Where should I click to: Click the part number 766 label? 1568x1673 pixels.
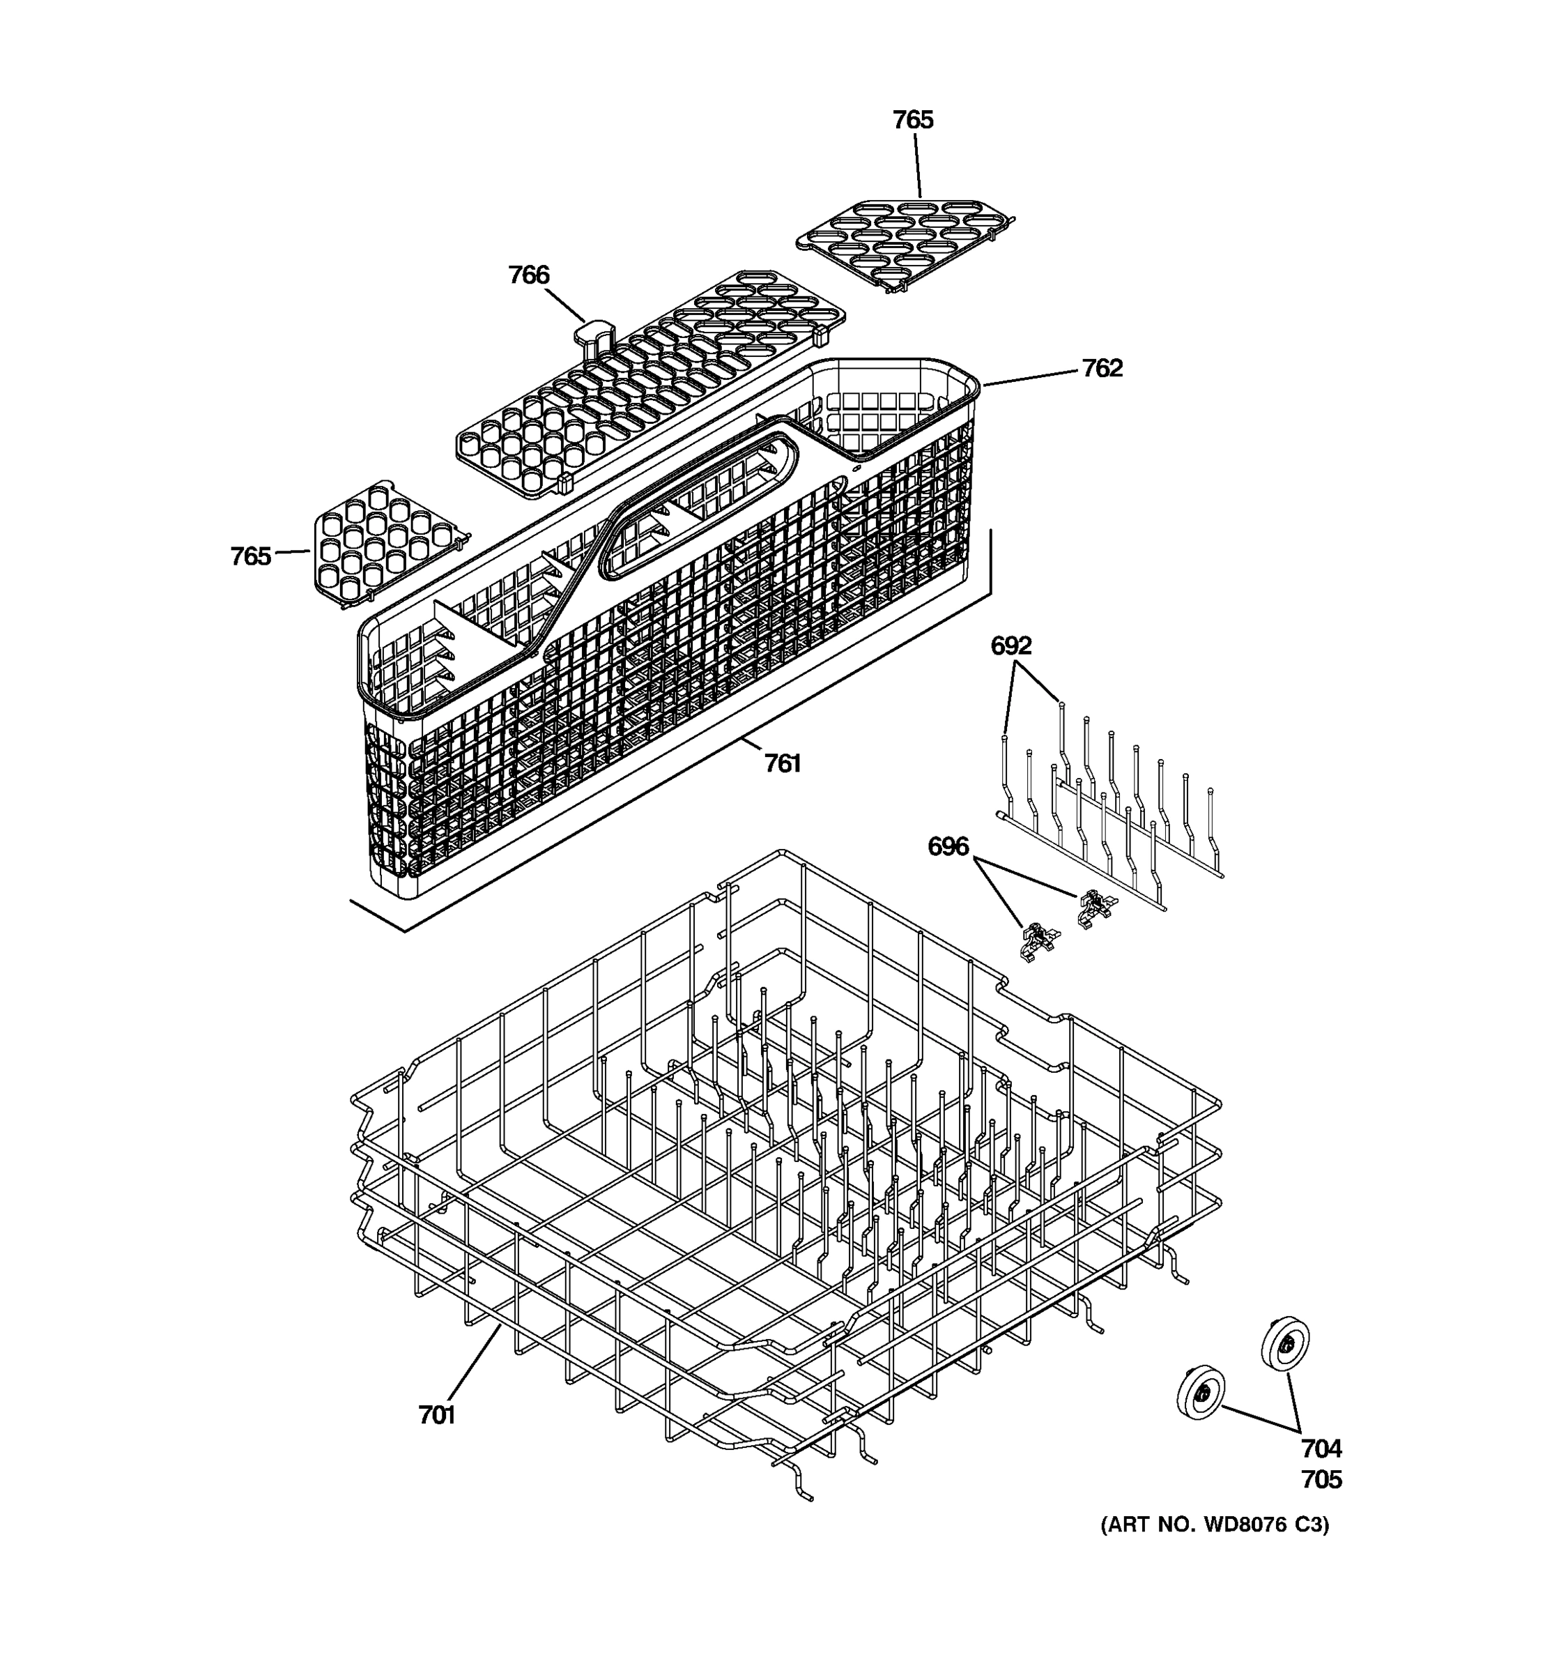(x=528, y=275)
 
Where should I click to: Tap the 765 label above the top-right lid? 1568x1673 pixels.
(x=913, y=121)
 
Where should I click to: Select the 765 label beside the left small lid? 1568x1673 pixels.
(x=251, y=556)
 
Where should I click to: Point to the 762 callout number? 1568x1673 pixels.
(x=1101, y=369)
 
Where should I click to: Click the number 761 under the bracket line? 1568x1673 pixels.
(x=781, y=763)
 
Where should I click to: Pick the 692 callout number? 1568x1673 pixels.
(x=1010, y=645)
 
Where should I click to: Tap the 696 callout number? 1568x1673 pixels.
(x=948, y=846)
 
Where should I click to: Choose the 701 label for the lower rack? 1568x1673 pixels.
(x=436, y=1416)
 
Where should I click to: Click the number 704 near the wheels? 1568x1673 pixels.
(x=1321, y=1449)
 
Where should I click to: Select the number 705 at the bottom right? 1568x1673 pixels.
(x=1321, y=1479)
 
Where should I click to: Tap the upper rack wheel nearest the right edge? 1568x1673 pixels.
(x=1285, y=1343)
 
